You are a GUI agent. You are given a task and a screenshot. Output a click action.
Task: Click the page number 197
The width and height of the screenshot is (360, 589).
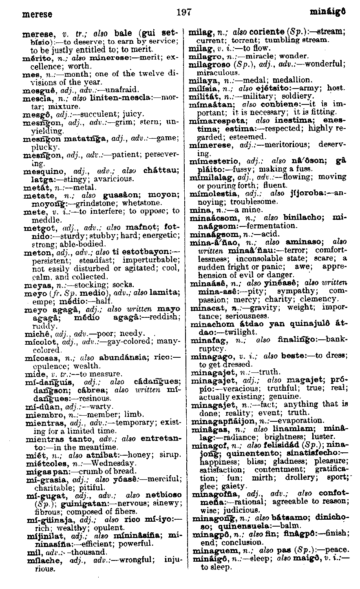(x=184, y=13)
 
